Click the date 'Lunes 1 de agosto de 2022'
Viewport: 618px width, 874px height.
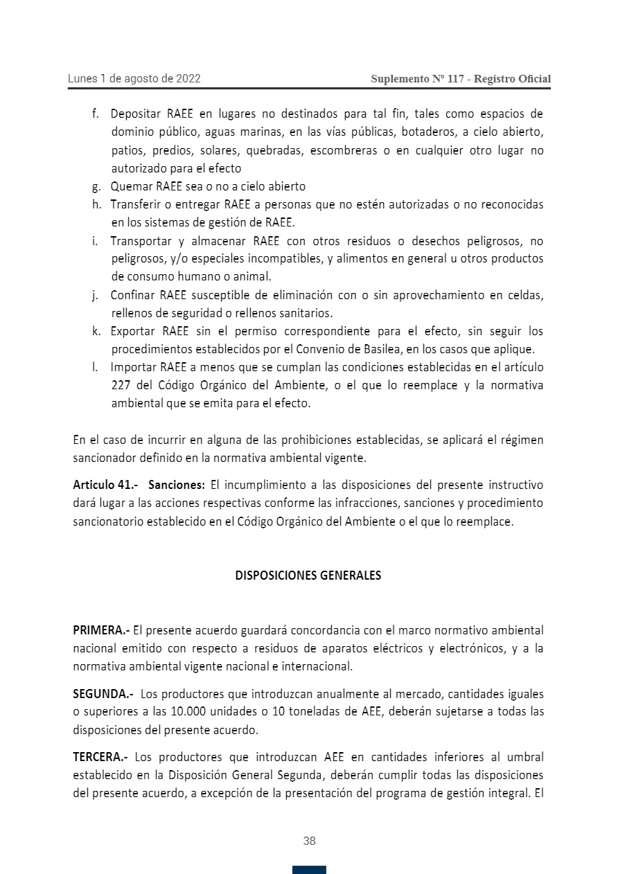[134, 79]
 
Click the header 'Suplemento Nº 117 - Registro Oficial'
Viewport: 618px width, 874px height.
[461, 79]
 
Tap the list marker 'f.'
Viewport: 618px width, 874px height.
[96, 114]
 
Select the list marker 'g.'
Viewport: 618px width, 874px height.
[96, 187]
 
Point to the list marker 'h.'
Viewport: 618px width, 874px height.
[96, 205]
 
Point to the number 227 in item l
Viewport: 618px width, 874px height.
[122, 386]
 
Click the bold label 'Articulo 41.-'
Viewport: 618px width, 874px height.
[105, 485]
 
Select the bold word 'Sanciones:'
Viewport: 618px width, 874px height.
[176, 485]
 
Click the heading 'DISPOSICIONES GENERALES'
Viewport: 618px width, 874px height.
[308, 576]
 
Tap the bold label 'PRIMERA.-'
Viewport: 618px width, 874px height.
[101, 630]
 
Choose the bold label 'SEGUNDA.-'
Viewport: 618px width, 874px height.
[103, 694]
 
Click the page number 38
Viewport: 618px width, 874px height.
[309, 841]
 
